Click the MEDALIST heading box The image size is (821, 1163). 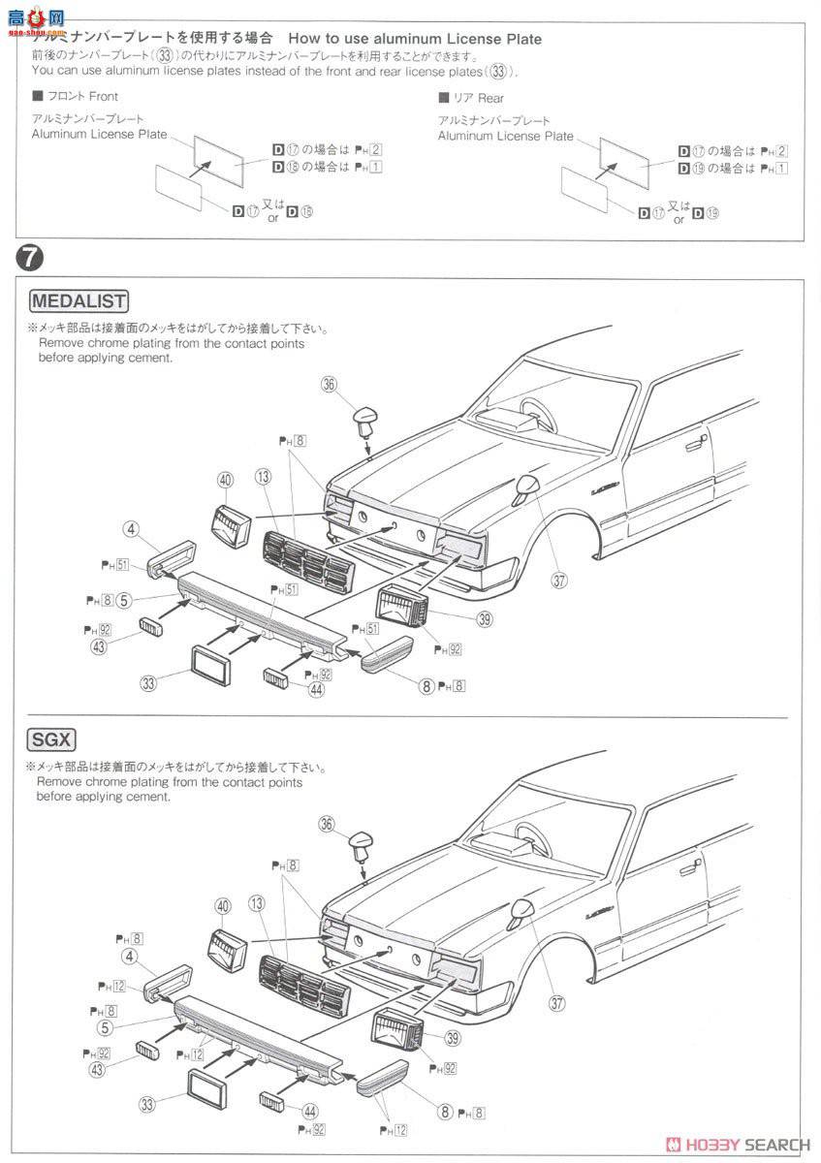pyautogui.click(x=79, y=300)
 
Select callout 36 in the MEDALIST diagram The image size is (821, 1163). pyautogui.click(x=329, y=385)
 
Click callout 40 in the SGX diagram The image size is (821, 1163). pyautogui.click(x=223, y=907)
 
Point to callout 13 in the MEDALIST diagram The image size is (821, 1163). pyautogui.click(x=262, y=477)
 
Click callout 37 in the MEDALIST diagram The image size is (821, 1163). pyautogui.click(x=558, y=581)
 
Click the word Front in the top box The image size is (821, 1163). pyautogui.click(x=104, y=97)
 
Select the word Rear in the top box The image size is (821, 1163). pyautogui.click(x=490, y=98)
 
